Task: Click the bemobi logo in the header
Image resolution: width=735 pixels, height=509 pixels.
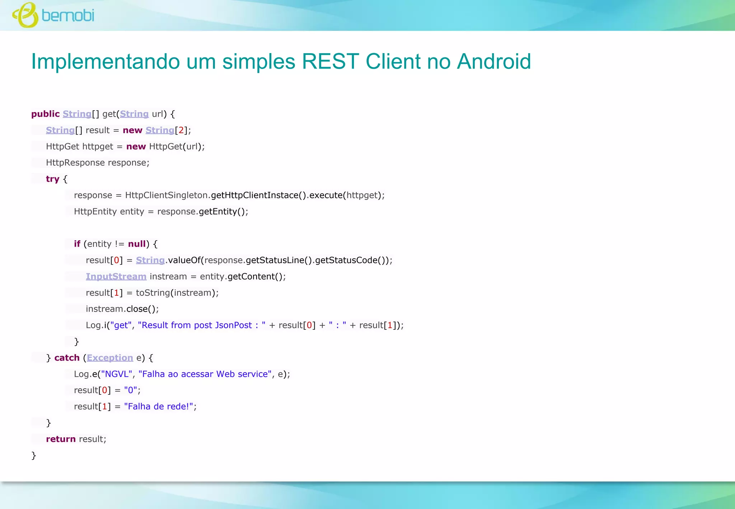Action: [x=53, y=15]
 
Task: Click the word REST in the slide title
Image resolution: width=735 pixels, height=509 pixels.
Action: [x=330, y=61]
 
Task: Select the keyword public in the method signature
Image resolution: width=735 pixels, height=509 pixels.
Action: [x=45, y=114]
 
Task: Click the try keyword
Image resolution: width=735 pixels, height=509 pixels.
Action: [x=52, y=179]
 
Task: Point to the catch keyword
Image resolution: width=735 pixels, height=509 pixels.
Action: [x=67, y=358]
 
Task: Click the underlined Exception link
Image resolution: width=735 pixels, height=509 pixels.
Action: [x=110, y=358]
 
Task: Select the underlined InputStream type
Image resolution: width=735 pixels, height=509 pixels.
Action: [x=116, y=276]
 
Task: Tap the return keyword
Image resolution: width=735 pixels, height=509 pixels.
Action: [x=61, y=439]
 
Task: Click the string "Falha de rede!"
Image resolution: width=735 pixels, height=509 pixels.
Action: [x=159, y=406]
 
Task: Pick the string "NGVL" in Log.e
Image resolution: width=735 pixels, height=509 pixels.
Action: [x=116, y=374]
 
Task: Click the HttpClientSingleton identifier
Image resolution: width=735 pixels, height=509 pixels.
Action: [x=166, y=195]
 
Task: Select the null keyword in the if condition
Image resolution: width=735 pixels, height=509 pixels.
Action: [x=137, y=244]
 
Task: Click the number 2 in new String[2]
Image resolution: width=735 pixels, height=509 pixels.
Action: [x=181, y=130]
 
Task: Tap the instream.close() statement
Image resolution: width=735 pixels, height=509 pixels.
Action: [x=122, y=309]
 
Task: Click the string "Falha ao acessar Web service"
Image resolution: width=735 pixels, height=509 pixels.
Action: [x=205, y=374]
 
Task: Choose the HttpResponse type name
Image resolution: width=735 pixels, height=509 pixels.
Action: [x=75, y=163]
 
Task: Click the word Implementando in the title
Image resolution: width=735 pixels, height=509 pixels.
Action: [x=105, y=61]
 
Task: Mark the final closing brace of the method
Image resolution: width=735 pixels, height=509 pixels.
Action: [x=34, y=456]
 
